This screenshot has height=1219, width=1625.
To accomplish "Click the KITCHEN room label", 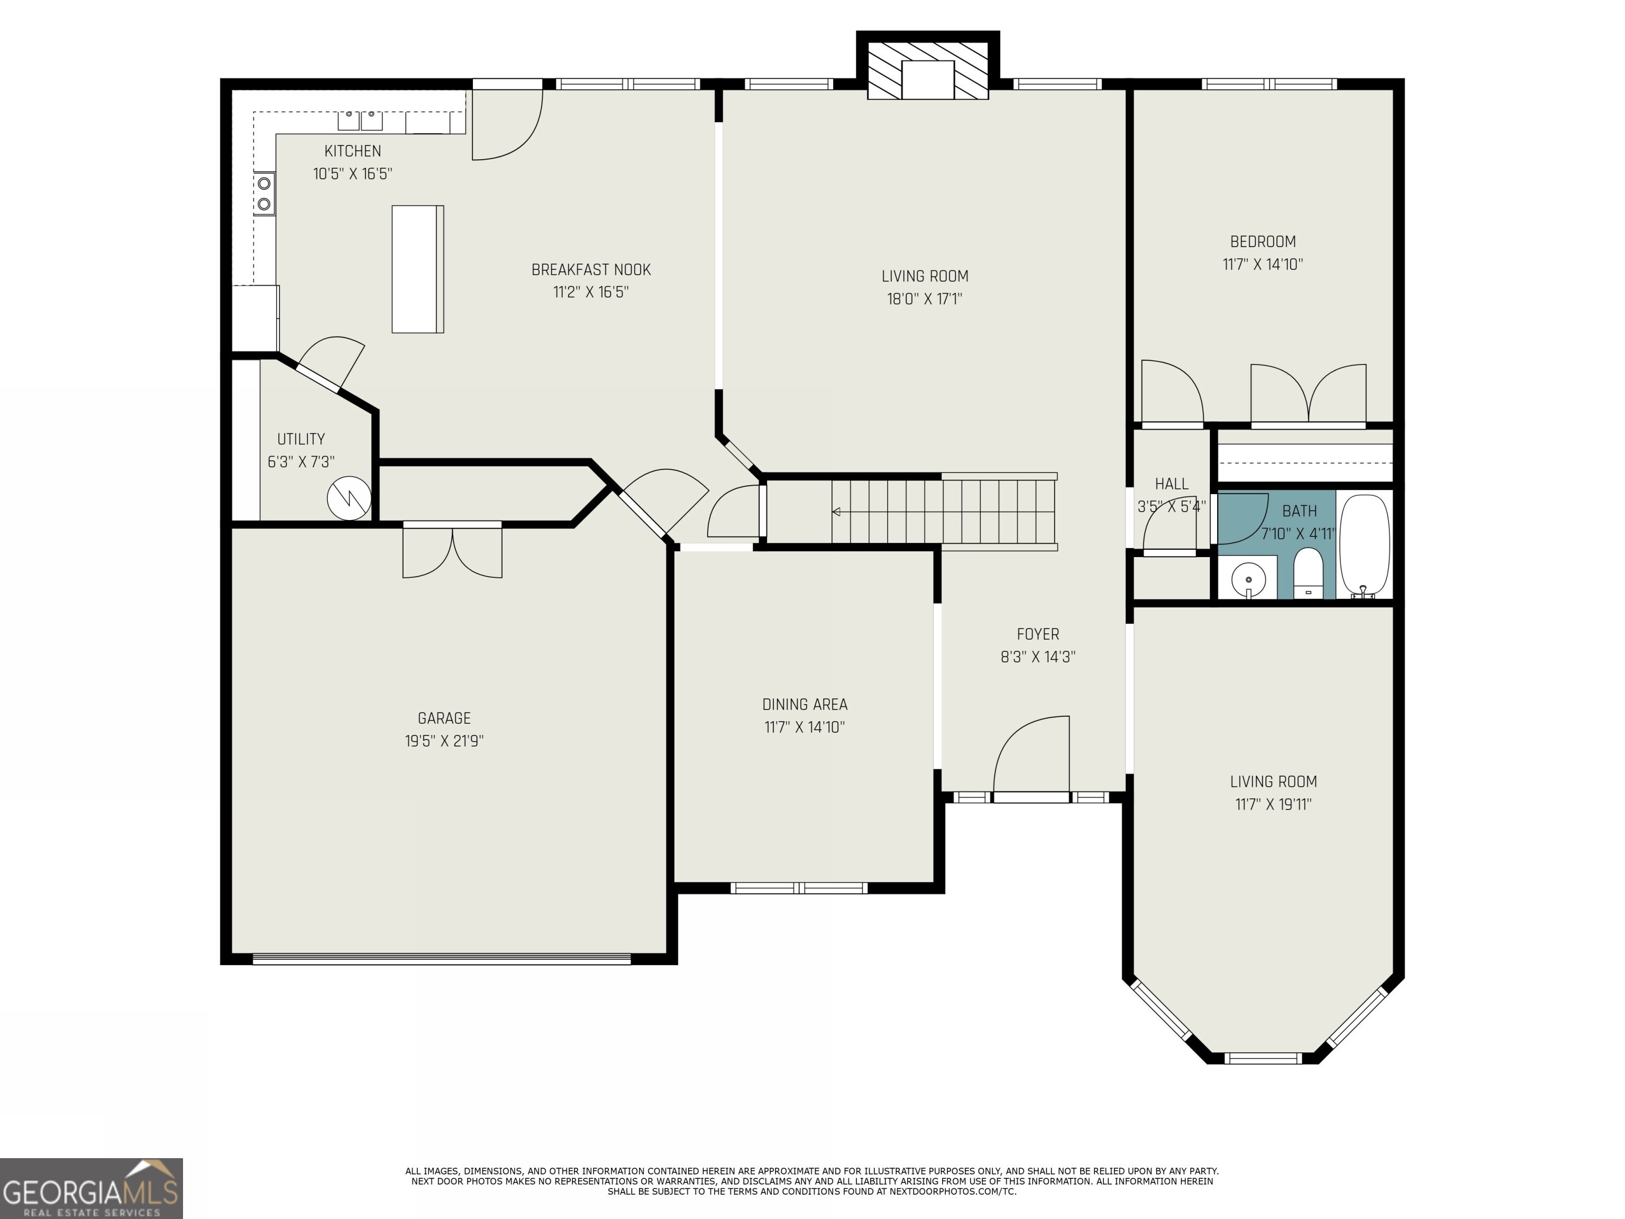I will point(353,151).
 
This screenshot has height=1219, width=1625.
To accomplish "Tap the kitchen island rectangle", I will point(417,269).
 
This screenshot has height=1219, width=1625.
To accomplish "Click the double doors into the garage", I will point(452,550).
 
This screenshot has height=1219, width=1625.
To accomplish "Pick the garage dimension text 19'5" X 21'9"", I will point(444,741).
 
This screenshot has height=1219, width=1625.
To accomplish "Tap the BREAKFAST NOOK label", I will point(591,270).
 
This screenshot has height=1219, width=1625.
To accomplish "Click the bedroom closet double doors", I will point(1308,395).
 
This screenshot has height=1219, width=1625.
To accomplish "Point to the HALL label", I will point(1171,484).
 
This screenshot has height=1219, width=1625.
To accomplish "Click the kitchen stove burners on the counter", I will point(264,193).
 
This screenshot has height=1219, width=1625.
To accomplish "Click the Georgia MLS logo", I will point(91,1188).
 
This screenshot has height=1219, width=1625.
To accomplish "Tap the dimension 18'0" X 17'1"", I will point(924,299).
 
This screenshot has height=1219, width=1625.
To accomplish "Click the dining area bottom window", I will point(799,888).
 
